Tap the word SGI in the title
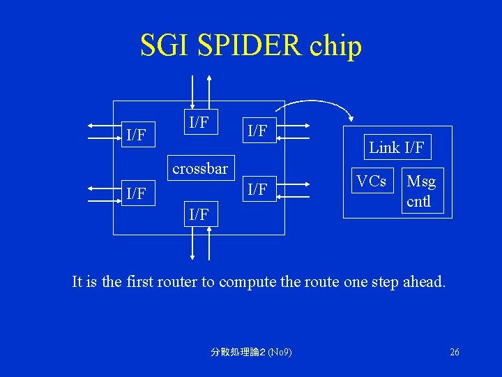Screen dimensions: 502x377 pos(162,46)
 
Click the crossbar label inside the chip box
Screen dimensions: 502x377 pos(200,169)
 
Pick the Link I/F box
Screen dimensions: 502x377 pos(396,147)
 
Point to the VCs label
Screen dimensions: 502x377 pos(371,182)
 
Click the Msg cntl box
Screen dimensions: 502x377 pos(420,191)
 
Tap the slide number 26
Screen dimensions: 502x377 pos(454,352)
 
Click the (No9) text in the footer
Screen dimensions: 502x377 pos(278,352)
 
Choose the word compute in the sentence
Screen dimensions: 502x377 pos(247,282)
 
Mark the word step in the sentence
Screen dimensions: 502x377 pos(381,282)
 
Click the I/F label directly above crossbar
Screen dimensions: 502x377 pos(199,123)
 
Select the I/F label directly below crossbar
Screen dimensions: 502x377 pos(199,214)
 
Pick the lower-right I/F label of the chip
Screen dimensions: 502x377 pos(258,189)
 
